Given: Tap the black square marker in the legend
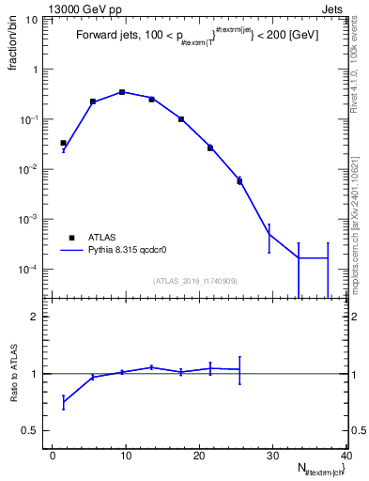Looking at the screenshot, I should [70, 239].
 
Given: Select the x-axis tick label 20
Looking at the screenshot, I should [198, 456].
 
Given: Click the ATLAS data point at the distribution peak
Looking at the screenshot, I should [122, 92].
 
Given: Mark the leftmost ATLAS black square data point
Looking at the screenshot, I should [63, 143].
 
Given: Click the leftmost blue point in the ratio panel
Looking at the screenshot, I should [63, 402].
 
